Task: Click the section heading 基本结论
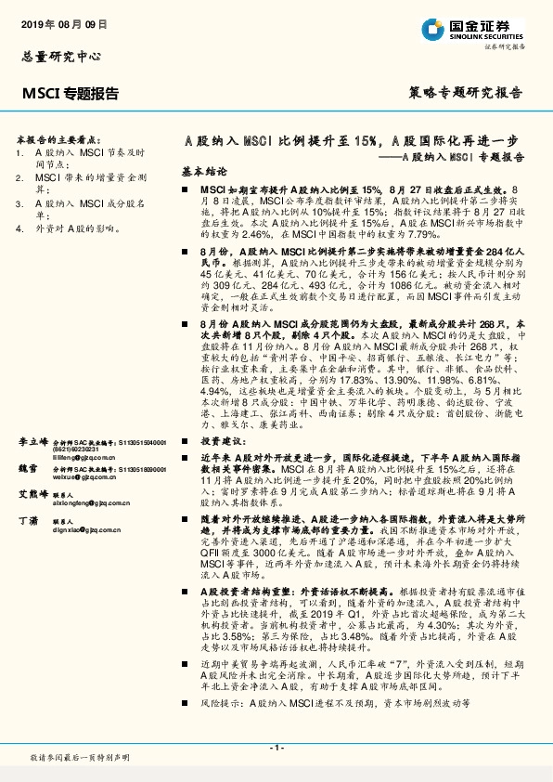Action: click(x=203, y=173)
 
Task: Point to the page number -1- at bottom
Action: click(x=276, y=746)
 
